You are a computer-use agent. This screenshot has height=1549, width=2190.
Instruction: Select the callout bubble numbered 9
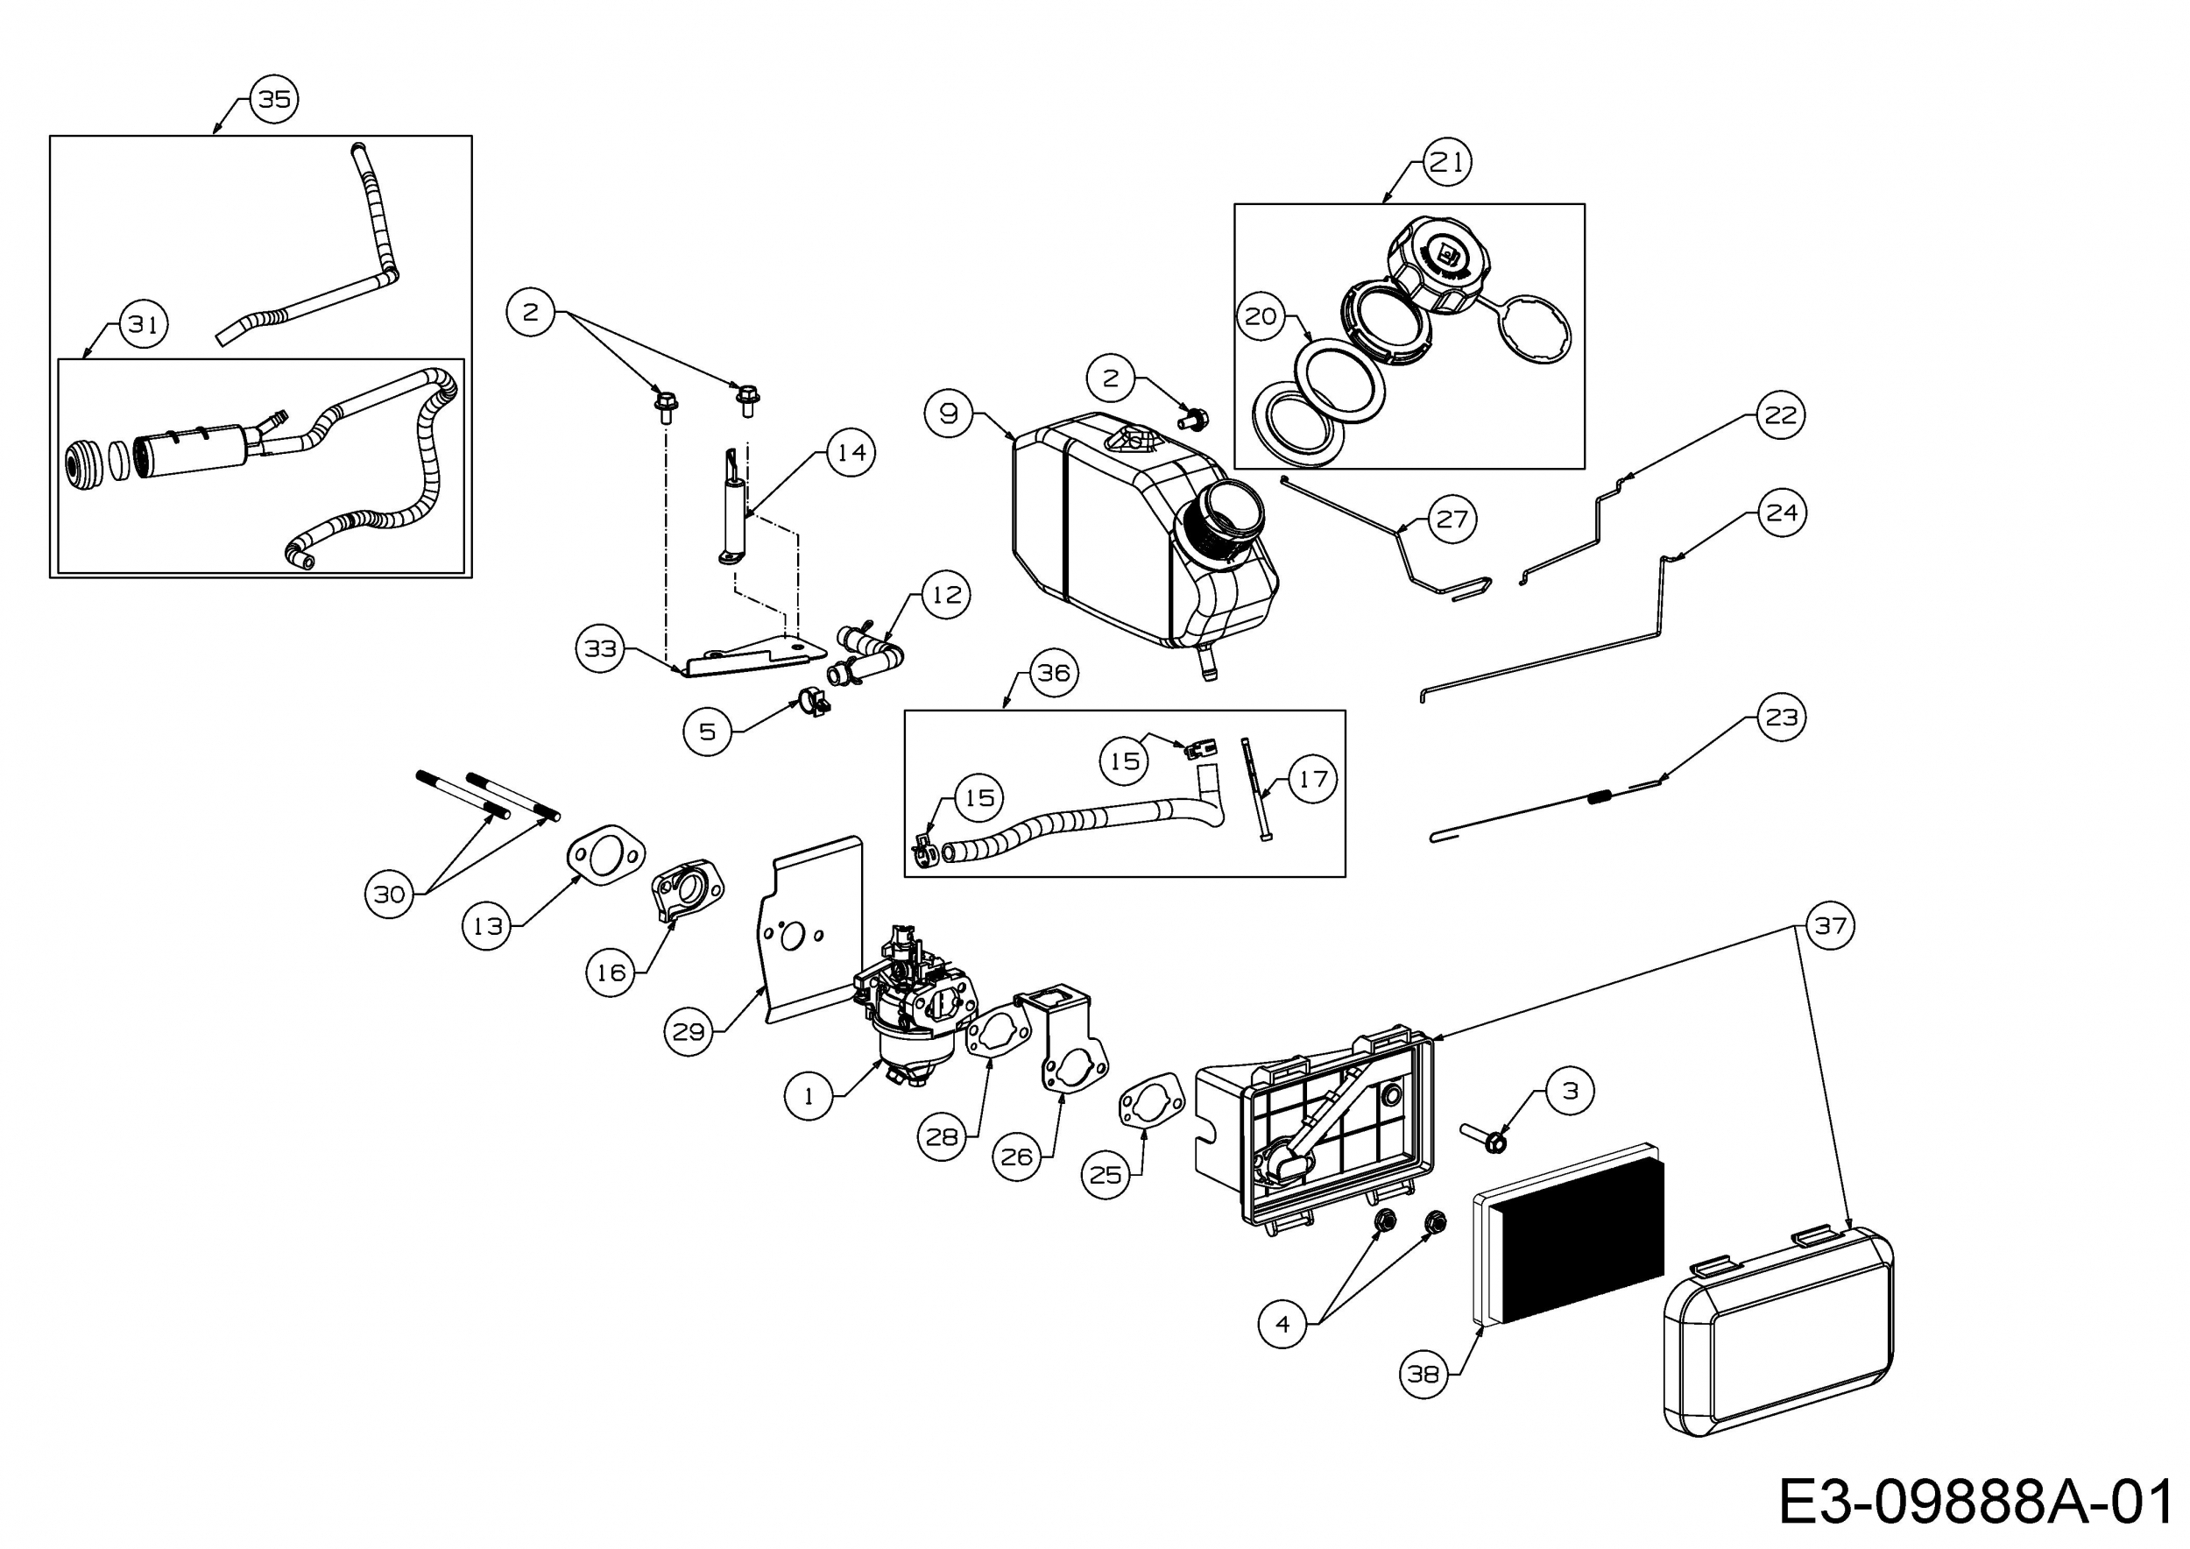tap(948, 413)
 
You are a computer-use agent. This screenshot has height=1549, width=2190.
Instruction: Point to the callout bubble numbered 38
tap(1423, 1375)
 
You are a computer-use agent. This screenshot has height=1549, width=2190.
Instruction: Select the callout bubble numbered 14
tap(851, 452)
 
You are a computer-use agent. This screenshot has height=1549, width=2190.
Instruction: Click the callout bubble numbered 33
tap(601, 649)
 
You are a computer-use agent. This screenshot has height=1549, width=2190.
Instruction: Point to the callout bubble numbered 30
tap(389, 894)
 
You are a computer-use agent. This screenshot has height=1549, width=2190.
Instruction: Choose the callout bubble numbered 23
tap(1781, 718)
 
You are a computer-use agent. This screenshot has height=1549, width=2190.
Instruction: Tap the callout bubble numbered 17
tap(1312, 779)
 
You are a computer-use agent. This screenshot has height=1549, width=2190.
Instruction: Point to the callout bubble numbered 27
tap(1451, 519)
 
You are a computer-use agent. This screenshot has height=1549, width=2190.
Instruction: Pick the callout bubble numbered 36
tap(1053, 674)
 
